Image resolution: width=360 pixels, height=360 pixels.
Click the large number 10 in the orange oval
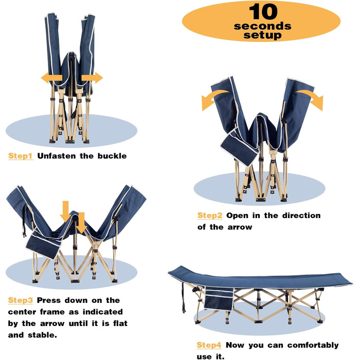point(263,11)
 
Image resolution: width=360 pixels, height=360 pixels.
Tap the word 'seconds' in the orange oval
point(263,26)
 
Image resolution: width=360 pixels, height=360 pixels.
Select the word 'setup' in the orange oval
point(262,35)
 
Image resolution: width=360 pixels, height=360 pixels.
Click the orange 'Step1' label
point(20,156)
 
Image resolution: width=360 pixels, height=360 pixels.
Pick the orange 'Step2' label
point(210,215)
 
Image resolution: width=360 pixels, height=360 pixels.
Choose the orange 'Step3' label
point(20,300)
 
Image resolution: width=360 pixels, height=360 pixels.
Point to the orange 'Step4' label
point(209,345)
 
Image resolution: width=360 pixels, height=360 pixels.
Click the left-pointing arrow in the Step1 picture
point(51,78)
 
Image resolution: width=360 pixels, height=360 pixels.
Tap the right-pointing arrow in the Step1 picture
point(92,78)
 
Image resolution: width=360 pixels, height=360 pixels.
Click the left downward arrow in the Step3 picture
point(66,212)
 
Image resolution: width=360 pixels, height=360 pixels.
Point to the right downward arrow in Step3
point(81,223)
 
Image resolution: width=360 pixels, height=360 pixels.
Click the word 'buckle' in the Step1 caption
point(112,156)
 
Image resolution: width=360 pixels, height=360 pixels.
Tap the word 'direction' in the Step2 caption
point(301,215)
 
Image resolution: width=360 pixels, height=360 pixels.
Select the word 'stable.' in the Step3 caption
point(42,335)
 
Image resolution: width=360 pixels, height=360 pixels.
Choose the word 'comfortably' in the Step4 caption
point(313,345)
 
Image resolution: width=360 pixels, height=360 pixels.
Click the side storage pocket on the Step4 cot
point(219,299)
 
